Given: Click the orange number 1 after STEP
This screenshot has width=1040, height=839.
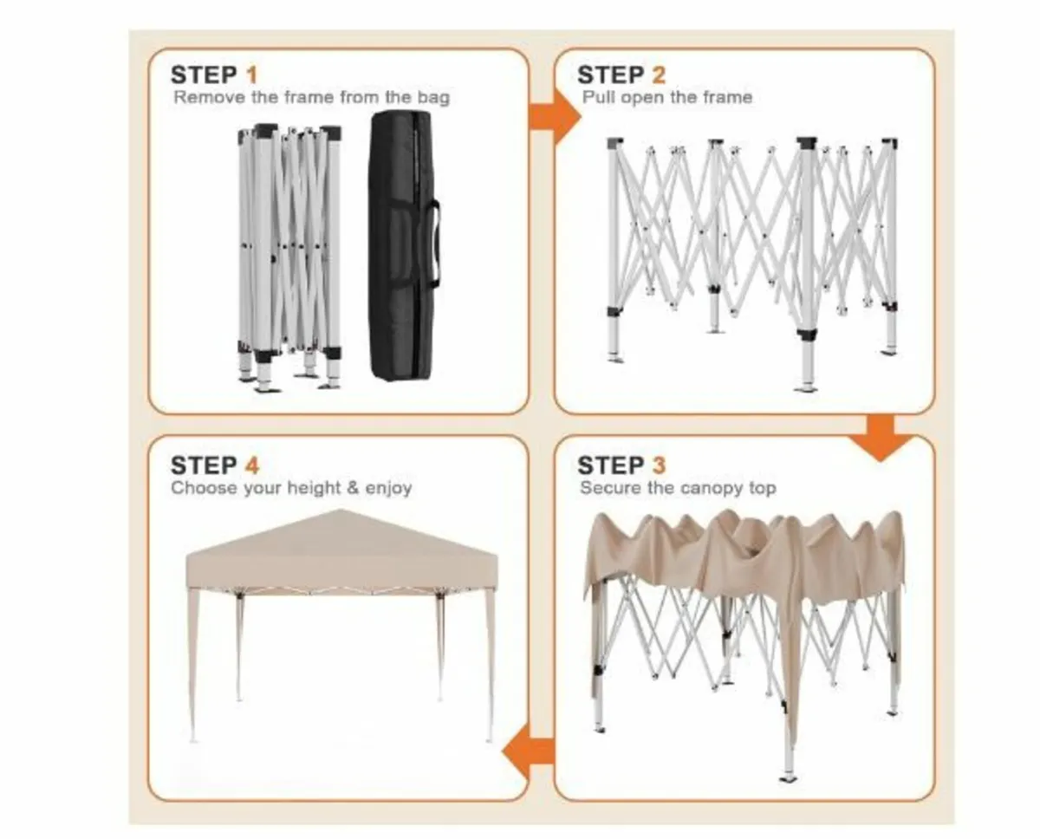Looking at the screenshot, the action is tap(252, 75).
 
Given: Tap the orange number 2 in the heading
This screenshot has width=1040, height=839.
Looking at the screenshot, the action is tap(658, 75).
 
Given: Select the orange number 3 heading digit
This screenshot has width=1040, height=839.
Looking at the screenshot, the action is tap(659, 465).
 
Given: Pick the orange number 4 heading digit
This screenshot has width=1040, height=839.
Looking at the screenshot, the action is tap(252, 465).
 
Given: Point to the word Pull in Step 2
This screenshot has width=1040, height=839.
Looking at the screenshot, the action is tap(599, 97).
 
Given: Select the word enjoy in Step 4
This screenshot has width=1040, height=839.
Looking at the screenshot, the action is tap(388, 489).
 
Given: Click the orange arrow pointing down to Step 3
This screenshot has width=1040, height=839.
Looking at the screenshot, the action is tap(880, 438).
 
